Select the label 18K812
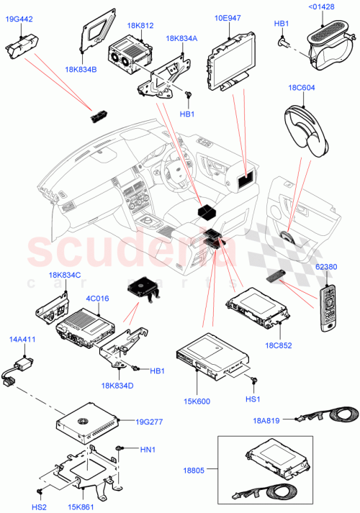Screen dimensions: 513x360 click(x=140, y=25)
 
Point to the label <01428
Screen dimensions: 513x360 click(x=321, y=8)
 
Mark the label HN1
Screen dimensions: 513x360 click(x=147, y=450)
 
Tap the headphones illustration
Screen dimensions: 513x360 click(x=302, y=129)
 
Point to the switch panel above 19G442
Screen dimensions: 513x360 click(x=24, y=53)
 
